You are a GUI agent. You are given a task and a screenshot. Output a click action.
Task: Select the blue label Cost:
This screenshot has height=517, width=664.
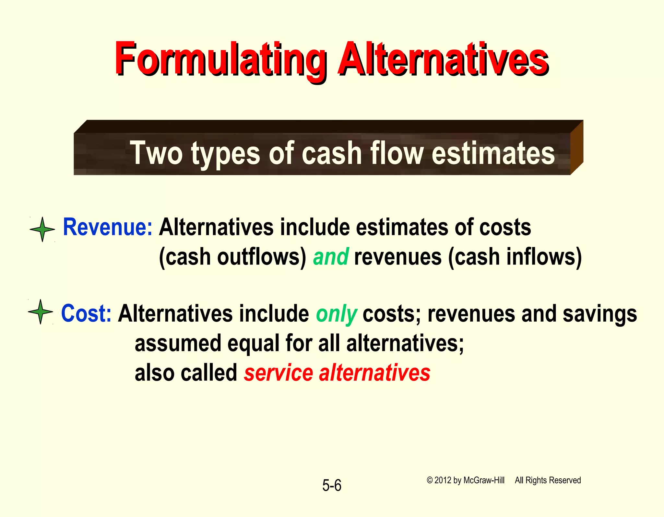(86, 314)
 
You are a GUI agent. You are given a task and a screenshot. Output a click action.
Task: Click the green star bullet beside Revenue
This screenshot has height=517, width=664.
(42, 229)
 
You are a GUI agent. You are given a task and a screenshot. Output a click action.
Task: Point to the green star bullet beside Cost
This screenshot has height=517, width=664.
(41, 312)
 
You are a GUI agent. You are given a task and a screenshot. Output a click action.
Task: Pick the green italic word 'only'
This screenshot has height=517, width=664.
(337, 314)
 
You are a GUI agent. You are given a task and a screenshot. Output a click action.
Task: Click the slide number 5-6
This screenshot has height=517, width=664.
(332, 486)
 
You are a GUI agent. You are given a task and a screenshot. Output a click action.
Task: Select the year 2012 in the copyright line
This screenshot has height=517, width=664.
(443, 480)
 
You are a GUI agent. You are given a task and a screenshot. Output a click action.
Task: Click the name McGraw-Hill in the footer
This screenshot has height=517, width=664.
(484, 480)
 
